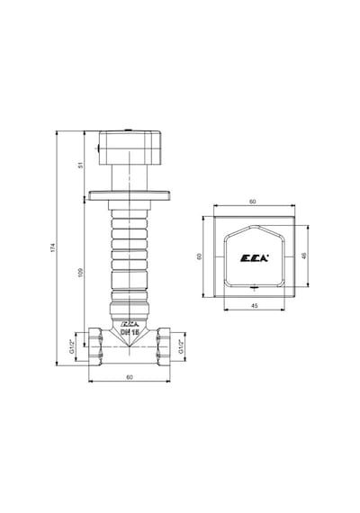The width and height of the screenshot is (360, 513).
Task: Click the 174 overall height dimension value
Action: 53,247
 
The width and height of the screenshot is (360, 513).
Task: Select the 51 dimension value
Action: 81,165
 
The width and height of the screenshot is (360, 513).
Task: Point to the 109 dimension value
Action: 81,272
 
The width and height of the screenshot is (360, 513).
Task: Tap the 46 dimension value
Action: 304,256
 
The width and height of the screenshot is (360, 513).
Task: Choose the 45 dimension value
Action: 255,306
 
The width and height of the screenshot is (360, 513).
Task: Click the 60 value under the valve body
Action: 130,377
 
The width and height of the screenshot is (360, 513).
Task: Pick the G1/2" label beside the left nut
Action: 71,346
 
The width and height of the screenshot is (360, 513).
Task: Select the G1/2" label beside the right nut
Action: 181,346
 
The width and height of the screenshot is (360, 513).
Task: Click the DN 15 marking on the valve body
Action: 130,332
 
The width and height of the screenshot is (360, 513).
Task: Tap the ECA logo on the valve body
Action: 130,324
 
